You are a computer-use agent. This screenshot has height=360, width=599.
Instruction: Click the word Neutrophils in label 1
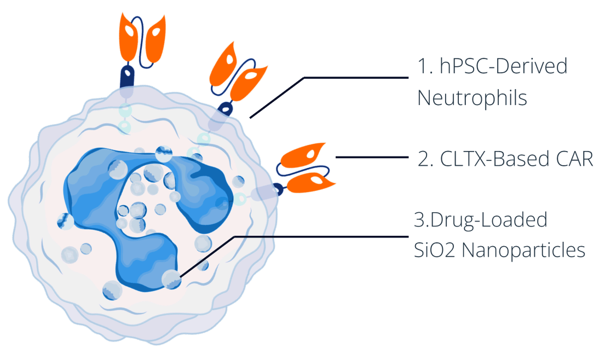472,99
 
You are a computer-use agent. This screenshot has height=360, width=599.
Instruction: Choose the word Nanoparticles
525,251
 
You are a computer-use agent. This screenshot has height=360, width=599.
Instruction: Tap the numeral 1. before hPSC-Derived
425,67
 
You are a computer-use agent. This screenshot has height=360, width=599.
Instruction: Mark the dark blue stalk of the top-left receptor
128,76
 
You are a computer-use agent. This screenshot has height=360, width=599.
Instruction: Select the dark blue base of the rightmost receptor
279,189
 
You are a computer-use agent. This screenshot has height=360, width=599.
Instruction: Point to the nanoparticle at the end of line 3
171,280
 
